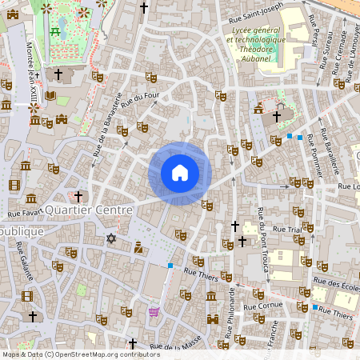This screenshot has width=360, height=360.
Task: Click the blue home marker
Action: click(x=180, y=173)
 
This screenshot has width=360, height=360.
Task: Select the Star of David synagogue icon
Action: click(x=111, y=238)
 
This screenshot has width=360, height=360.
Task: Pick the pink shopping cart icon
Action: click(x=154, y=311)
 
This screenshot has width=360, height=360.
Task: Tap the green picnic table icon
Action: click(x=55, y=31)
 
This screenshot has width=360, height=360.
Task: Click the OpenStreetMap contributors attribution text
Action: click(x=80, y=354)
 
